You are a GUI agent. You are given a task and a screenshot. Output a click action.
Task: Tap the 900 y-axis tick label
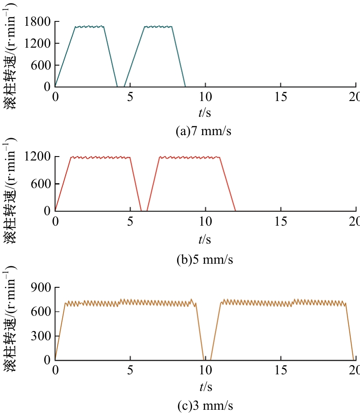[x=41, y=287]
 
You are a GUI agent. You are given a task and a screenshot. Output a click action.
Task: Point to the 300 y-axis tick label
[x=41, y=336]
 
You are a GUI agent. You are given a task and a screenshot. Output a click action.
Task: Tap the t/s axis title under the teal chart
[x=205, y=113]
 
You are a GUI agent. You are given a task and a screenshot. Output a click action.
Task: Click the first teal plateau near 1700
[x=89, y=27]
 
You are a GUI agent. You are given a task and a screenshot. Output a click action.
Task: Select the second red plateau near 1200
[x=189, y=157]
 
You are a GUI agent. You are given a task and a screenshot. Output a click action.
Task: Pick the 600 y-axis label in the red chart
[x=41, y=184]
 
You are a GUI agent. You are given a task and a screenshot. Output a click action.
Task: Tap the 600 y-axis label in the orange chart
[x=41, y=312]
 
